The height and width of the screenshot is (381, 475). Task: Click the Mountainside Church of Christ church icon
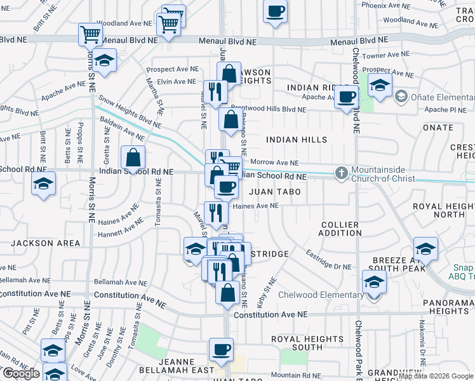[341, 173]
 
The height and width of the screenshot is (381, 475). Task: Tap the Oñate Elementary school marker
[401, 97]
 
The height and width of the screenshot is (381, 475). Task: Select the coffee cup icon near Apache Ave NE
[347, 97]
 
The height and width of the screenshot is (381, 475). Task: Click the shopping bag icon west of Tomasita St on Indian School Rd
[133, 157]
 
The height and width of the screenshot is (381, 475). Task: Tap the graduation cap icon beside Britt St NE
[44, 184]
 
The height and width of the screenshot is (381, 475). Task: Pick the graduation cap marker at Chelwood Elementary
[375, 282]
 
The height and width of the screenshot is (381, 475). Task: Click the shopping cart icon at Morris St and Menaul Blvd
[90, 34]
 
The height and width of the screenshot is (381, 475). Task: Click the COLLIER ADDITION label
[340, 229]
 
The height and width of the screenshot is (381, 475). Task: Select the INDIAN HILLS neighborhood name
[297, 139]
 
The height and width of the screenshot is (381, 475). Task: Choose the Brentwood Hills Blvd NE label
[268, 109]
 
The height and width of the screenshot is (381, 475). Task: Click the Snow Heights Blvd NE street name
[126, 112]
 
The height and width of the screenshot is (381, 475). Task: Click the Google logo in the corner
[21, 373]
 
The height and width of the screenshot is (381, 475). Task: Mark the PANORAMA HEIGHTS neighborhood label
[445, 306]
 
